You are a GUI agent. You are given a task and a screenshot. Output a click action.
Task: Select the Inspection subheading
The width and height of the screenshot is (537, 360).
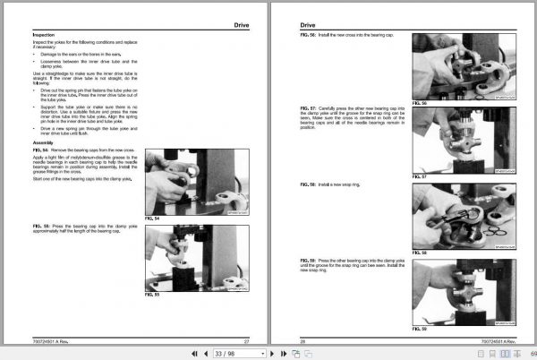tap(44, 36)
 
